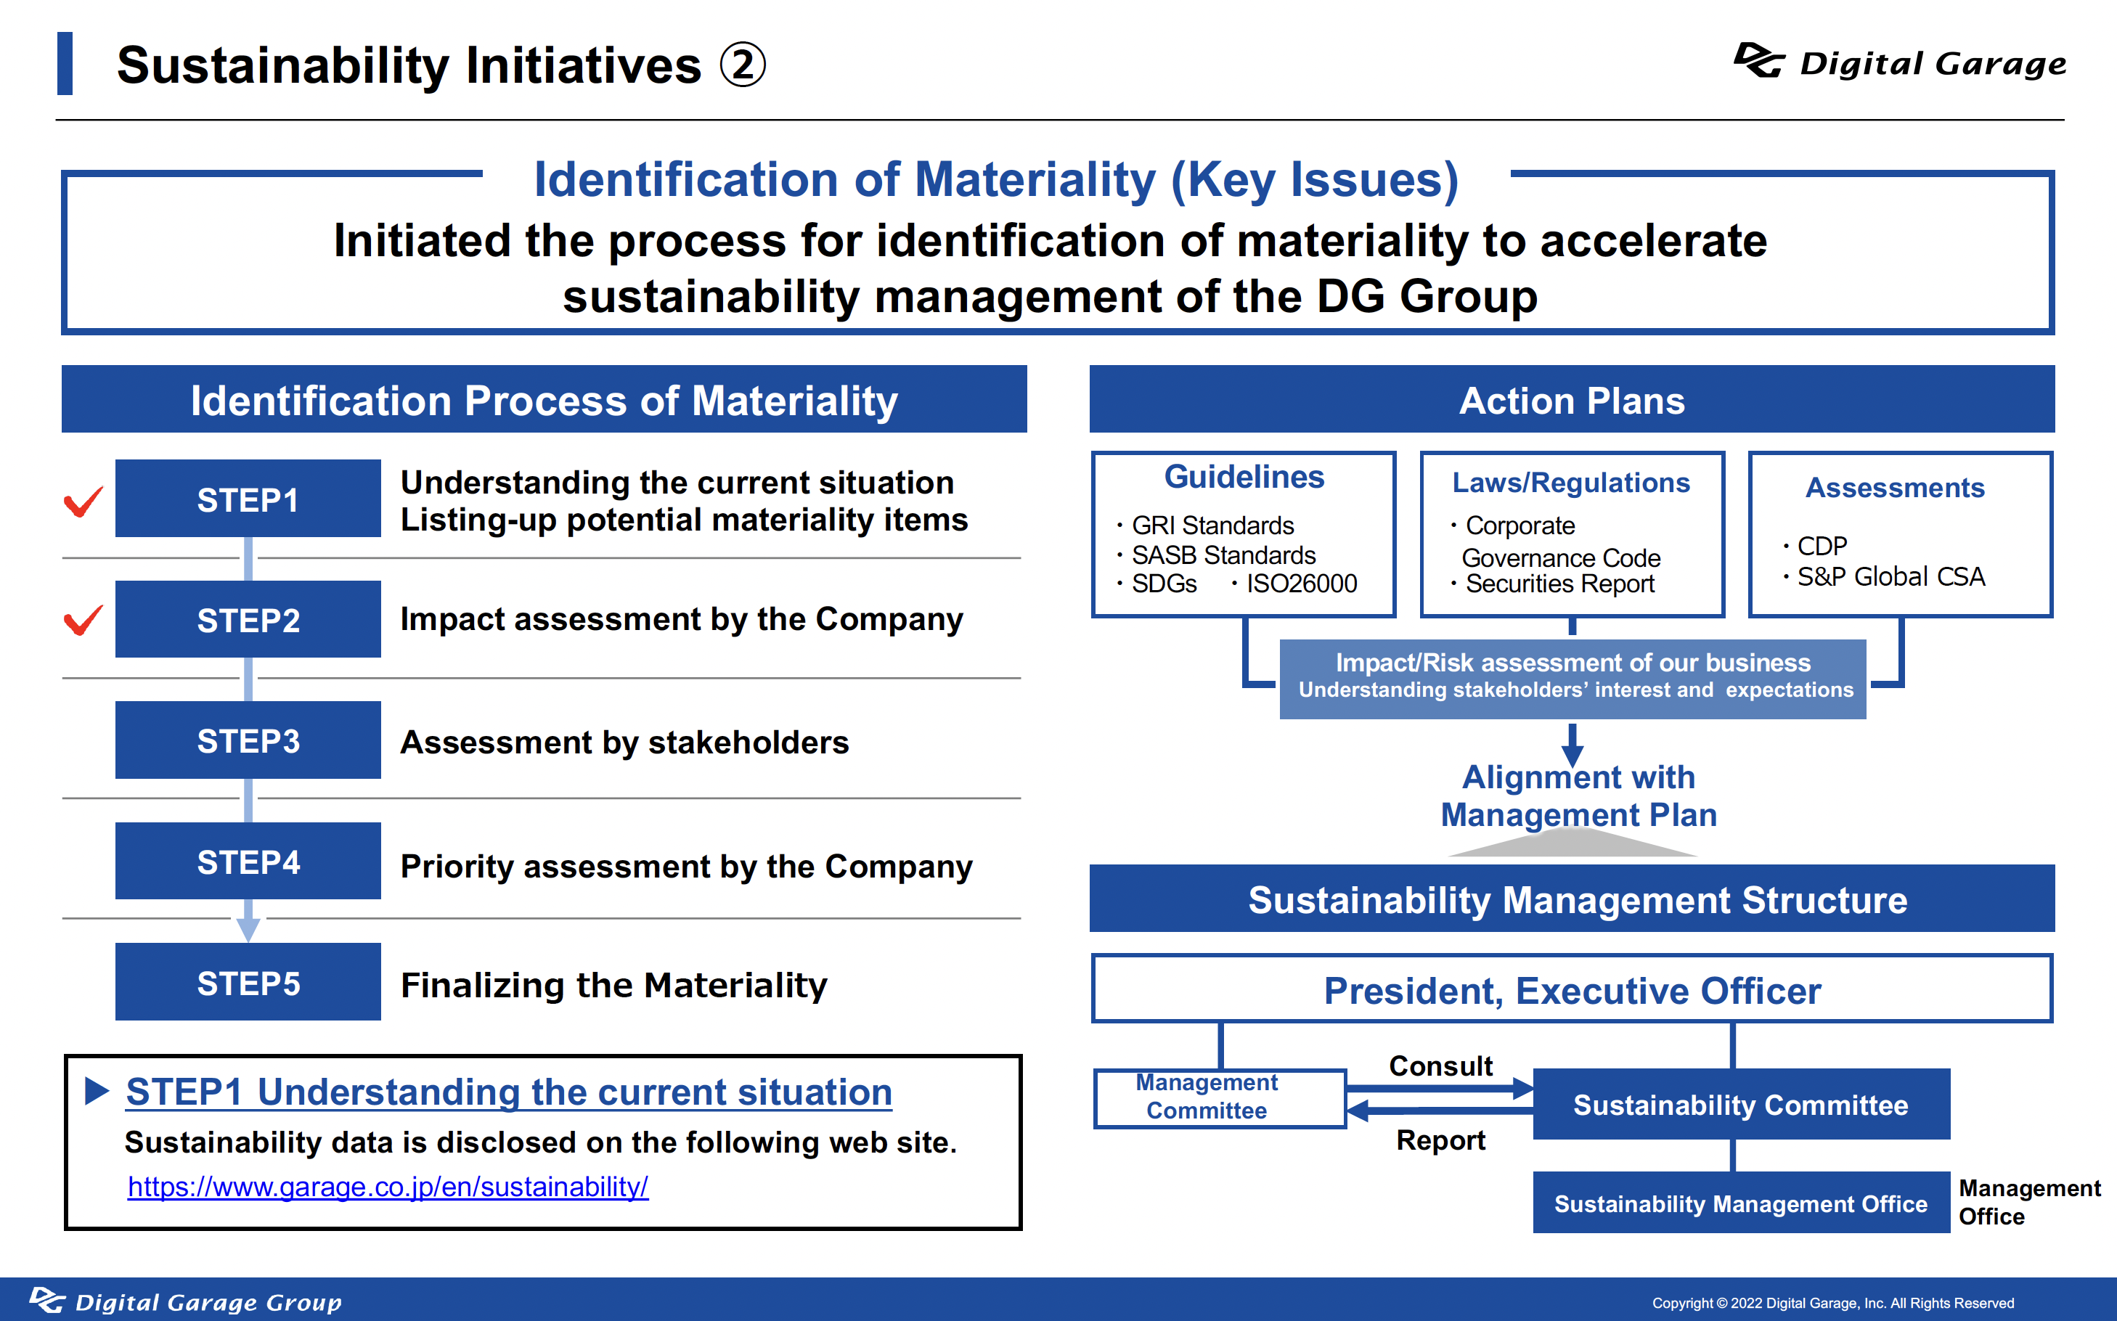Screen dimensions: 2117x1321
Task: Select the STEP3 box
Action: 248,740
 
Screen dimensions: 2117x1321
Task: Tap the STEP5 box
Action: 248,982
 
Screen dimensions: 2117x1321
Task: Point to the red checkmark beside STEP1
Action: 84,501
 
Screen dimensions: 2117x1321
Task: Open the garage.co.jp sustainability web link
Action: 388,1187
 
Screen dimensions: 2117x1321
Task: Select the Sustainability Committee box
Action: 1742,1104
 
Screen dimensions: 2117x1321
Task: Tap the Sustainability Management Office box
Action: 1742,1203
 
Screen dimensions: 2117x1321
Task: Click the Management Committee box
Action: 1220,1098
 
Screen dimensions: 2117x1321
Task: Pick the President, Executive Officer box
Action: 1572,989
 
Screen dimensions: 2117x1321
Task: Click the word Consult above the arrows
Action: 1441,1066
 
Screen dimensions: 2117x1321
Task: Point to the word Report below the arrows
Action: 1441,1140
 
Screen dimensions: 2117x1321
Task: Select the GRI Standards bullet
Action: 1206,525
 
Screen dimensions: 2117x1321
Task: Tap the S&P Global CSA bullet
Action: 1884,576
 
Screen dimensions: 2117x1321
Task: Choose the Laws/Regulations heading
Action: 1571,482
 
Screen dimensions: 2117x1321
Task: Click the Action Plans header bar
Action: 1572,399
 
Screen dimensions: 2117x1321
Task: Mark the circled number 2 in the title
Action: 743,65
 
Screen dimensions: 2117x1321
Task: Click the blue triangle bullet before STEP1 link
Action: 96,1090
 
